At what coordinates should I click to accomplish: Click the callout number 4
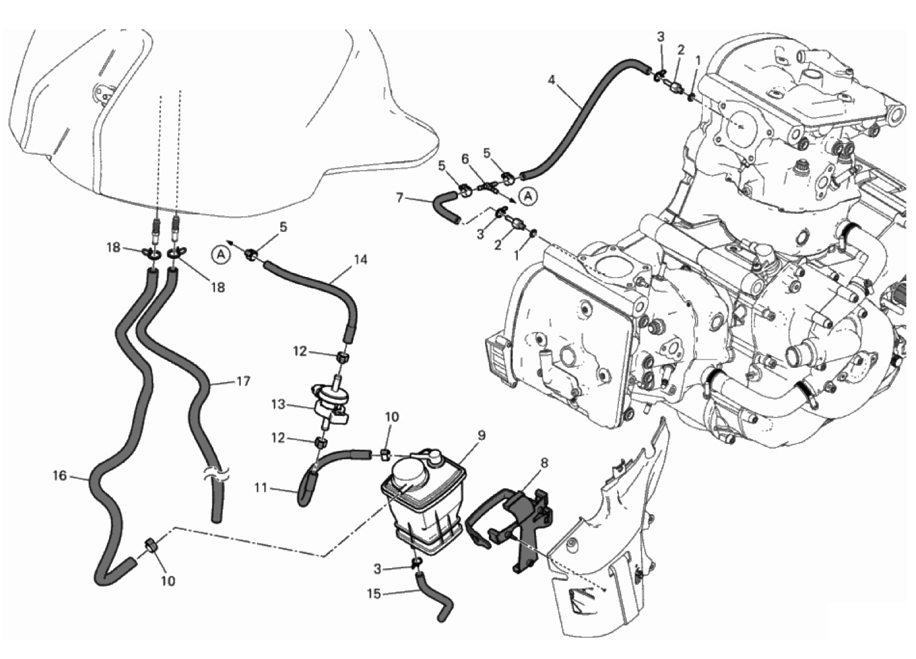[552, 80]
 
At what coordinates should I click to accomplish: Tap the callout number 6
[465, 160]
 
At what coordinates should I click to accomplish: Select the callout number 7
[399, 198]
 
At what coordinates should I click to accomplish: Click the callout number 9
[481, 435]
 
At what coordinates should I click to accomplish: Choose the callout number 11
[261, 488]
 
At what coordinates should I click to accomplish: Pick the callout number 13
[278, 405]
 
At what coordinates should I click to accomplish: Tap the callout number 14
[359, 260]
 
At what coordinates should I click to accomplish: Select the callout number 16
[60, 475]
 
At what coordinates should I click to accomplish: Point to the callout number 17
[243, 381]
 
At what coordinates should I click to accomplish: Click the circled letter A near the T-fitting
[528, 196]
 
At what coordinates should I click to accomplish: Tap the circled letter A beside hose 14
[221, 254]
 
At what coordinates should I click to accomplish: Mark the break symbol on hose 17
[216, 476]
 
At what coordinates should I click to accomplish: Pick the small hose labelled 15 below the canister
[430, 597]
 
